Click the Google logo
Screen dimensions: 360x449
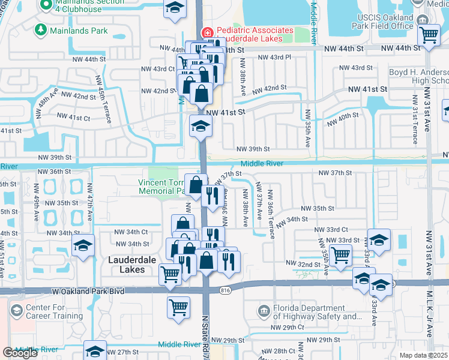coord(20,353)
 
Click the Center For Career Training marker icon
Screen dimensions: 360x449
coord(16,311)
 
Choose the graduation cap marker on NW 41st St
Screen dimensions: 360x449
coord(200,126)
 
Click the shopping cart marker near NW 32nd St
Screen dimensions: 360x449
coord(341,254)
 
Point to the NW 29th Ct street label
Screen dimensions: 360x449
coord(288,327)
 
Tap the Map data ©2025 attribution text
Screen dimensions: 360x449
coord(423,355)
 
